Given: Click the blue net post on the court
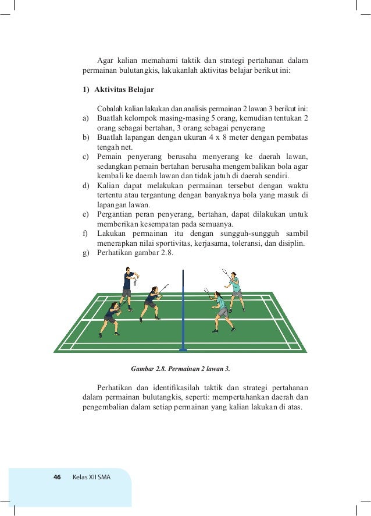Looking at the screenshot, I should point(183,309).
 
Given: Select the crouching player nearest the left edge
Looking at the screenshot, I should point(110,317).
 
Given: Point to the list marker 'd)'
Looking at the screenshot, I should point(85,186).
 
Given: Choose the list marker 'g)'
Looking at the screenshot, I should point(85,253).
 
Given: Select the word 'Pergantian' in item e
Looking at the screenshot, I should point(116,214).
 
